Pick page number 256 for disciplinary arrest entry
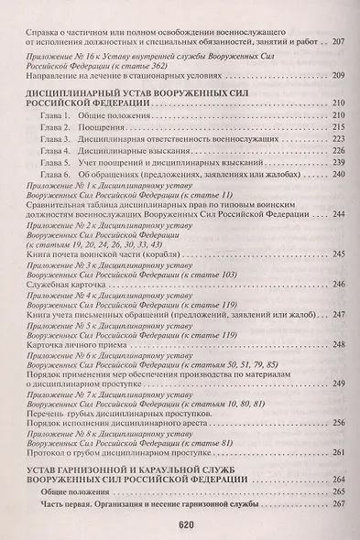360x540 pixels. pyautogui.click(x=338, y=422)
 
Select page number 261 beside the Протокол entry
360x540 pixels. pyautogui.click(x=338, y=451)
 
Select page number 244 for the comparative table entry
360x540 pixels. pyautogui.click(x=338, y=213)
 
